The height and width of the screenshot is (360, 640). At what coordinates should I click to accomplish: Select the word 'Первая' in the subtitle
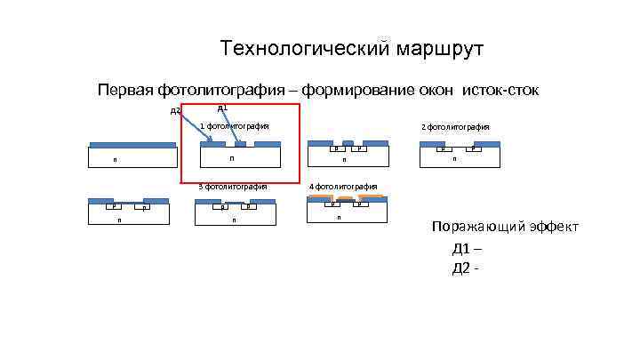pyautogui.click(x=125, y=90)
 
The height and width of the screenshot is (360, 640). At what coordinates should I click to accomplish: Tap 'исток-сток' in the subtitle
pyautogui.click(x=500, y=90)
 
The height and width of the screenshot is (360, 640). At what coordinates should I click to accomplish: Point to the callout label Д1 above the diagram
pyautogui.click(x=222, y=108)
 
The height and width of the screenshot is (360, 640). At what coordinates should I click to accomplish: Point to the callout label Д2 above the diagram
pyautogui.click(x=175, y=111)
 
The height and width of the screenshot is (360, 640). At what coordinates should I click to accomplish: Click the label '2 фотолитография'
pyautogui.click(x=455, y=127)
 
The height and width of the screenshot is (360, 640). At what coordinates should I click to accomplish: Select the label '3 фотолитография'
pyautogui.click(x=233, y=187)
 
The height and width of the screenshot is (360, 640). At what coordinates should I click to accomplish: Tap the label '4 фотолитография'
pyautogui.click(x=343, y=187)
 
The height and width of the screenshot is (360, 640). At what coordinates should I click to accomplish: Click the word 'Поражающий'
pyautogui.click(x=476, y=228)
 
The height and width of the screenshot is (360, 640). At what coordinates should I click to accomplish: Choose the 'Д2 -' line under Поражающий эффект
pyautogui.click(x=466, y=268)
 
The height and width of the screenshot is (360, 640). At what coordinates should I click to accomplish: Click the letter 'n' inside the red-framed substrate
pyautogui.click(x=231, y=158)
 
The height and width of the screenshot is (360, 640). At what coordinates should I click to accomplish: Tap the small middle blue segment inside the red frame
pyautogui.click(x=240, y=144)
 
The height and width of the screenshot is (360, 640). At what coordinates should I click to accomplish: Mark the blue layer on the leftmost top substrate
pyautogui.click(x=132, y=145)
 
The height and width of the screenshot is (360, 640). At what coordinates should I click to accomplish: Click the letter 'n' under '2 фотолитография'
pyautogui.click(x=453, y=160)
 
